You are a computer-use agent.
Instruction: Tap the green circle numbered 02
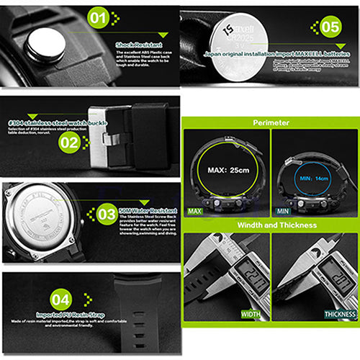(x=69, y=143)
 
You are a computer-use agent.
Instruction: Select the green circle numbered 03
(x=107, y=214)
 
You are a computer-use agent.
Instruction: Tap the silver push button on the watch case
(x=45, y=45)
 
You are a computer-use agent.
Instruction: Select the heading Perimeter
(x=270, y=123)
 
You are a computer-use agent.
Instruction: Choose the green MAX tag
(x=194, y=212)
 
